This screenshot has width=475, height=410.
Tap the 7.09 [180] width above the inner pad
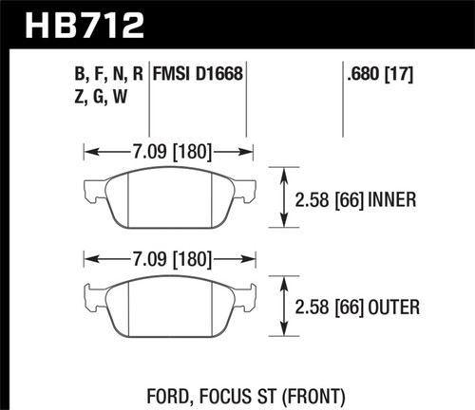coord(169,149)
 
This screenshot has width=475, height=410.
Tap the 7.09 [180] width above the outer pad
coord(169,257)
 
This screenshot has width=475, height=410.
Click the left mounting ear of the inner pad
coord(92,188)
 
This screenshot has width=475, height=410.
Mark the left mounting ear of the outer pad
coord(92,296)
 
